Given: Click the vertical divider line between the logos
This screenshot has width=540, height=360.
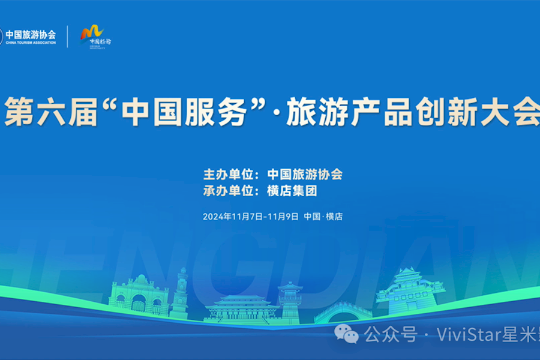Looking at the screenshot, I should tap(67, 36).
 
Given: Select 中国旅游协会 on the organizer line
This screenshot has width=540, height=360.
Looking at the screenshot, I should tap(305, 175).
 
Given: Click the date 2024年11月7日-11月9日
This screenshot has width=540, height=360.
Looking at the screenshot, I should tap(250, 217).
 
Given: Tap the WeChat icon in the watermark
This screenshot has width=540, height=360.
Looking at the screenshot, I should tap(346, 334).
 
